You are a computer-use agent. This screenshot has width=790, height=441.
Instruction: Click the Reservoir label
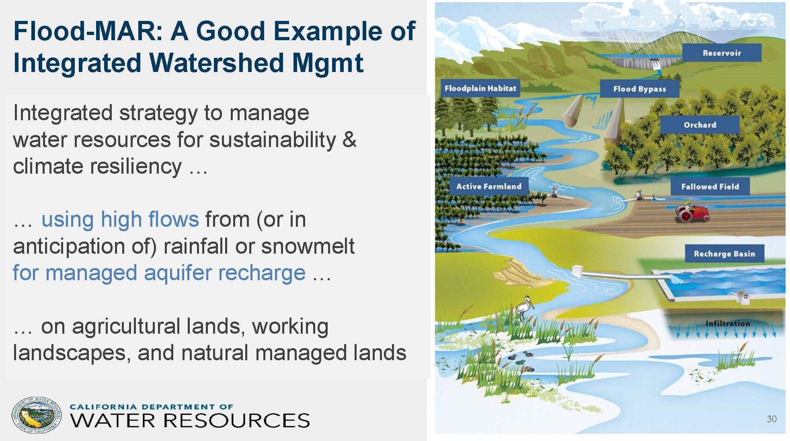point(722,53)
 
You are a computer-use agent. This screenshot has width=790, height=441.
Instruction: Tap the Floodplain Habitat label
point(480,88)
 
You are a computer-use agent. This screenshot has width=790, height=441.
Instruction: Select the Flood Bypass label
point(639,88)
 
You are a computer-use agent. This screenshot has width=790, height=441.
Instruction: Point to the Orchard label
point(700,125)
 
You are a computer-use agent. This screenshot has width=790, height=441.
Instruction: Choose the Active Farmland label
point(488,186)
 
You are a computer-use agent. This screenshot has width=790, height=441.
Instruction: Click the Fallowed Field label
point(710,186)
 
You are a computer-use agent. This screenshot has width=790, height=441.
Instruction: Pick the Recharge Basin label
point(724,254)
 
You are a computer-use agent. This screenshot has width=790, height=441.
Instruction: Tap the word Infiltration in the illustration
point(728,323)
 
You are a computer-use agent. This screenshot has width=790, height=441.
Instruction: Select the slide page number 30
point(772,419)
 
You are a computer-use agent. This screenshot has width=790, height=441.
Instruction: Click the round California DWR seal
point(37,415)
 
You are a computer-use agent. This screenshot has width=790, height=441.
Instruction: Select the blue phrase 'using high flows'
point(120,219)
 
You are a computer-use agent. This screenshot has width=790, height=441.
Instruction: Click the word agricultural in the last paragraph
point(158,326)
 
